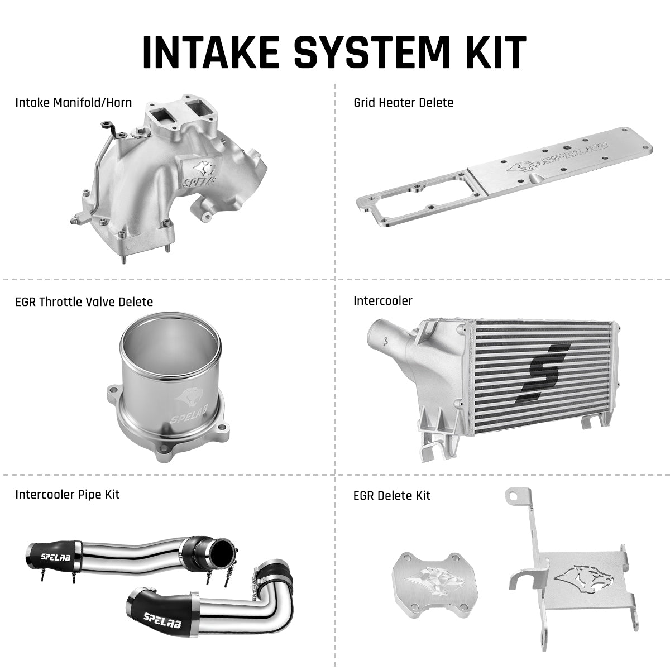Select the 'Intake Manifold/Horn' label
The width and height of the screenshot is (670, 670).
tap(74, 102)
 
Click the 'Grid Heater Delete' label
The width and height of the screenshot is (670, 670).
tap(403, 102)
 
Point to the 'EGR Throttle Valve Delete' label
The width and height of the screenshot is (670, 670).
tap(84, 301)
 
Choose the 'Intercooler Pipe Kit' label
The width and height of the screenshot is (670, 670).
tap(67, 494)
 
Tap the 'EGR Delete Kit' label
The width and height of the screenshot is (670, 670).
tap(392, 495)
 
